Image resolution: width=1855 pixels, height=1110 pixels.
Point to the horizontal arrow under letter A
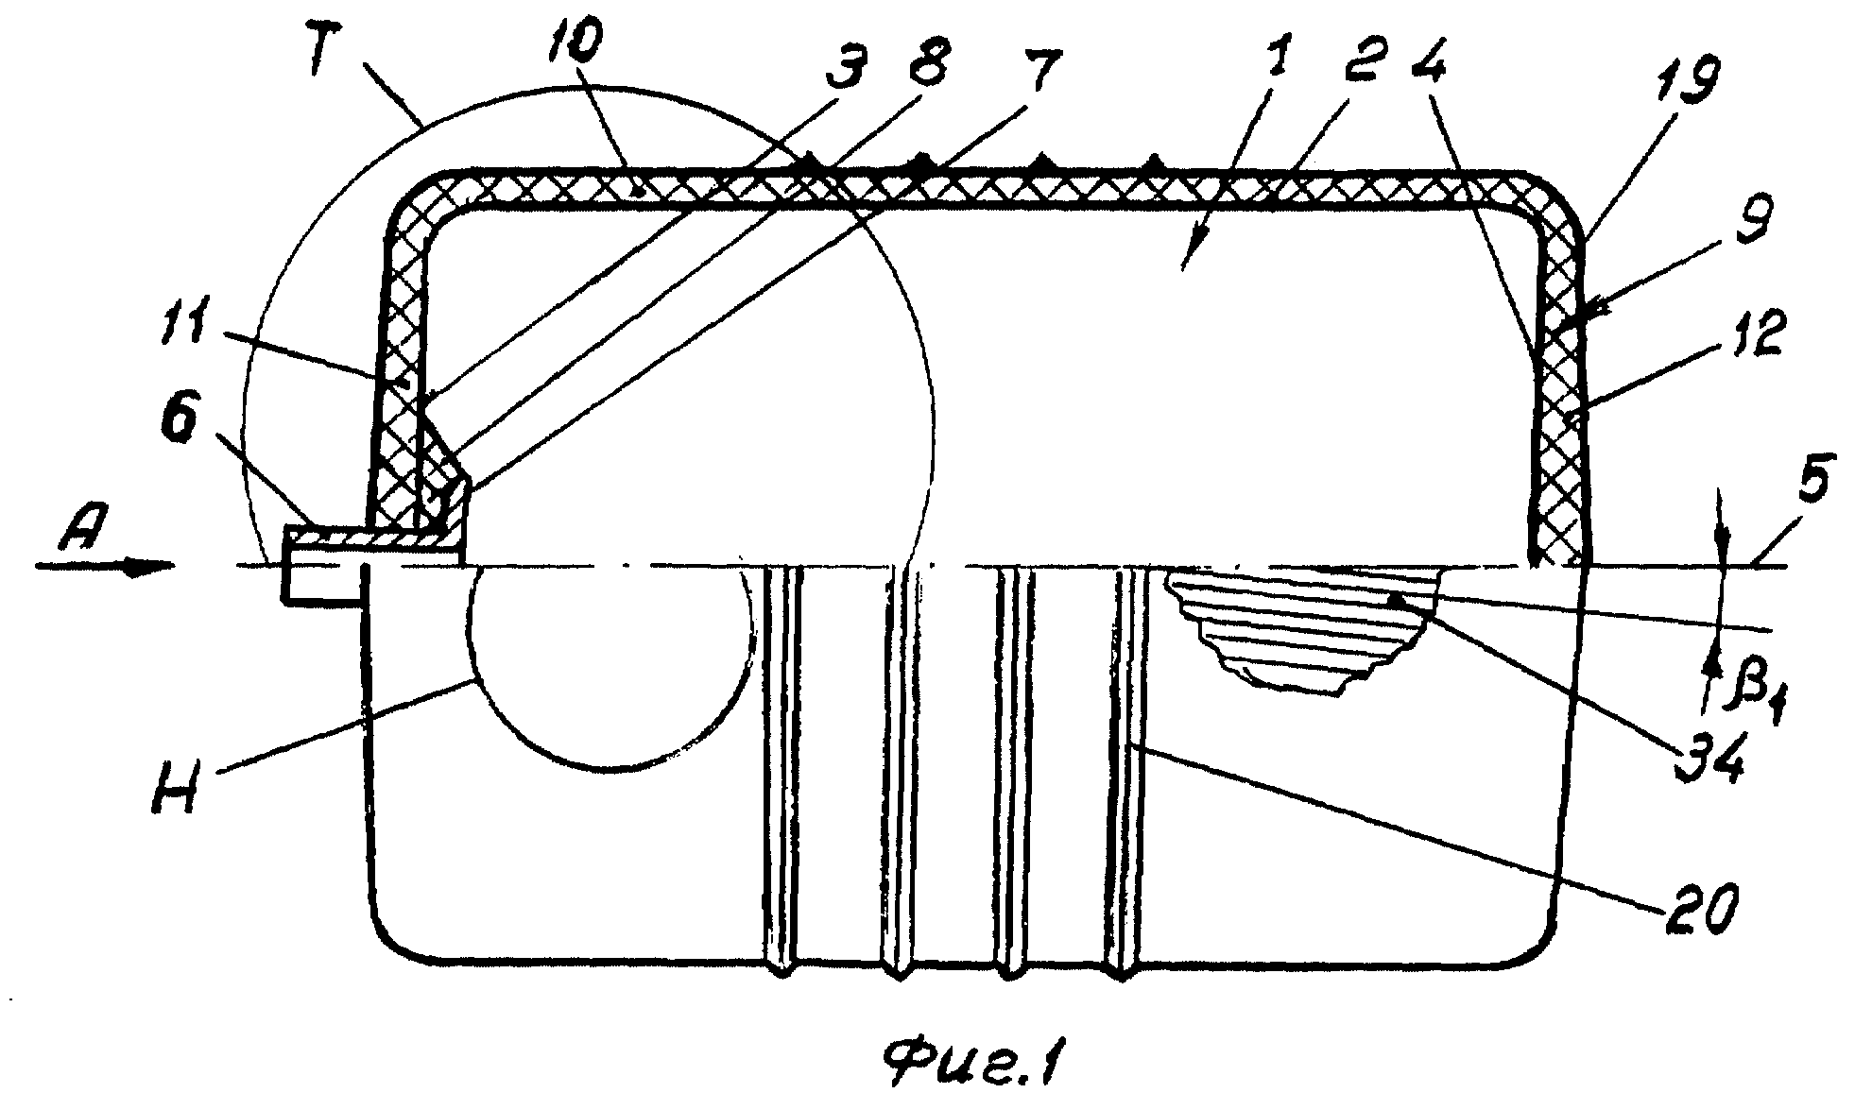click(x=105, y=567)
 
